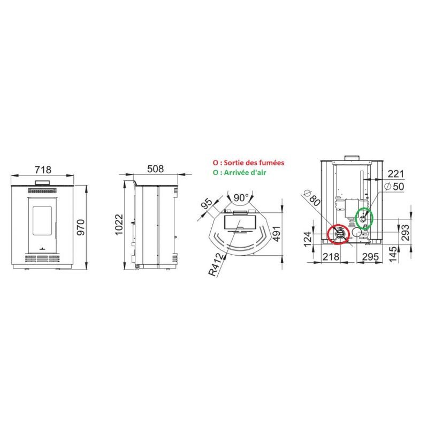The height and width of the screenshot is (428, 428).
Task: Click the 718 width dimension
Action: (x=43, y=170)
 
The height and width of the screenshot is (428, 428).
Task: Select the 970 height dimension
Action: (x=81, y=227)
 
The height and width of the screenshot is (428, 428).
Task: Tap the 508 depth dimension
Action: (x=155, y=169)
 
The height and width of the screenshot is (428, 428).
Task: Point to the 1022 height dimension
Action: (x=119, y=224)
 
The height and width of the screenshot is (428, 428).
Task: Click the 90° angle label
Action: (x=241, y=197)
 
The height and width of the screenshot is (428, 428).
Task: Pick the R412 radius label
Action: (x=217, y=264)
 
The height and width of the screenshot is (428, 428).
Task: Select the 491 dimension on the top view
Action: (x=277, y=234)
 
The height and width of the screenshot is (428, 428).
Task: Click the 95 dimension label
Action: (x=207, y=203)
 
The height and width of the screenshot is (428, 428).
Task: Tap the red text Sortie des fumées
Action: (x=254, y=163)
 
